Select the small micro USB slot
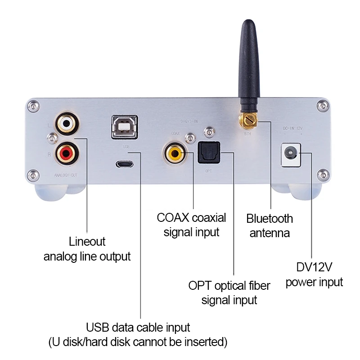pos(125,164)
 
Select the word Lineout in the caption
pos(87,242)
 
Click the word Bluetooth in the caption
pos(270,219)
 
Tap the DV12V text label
pos(314,268)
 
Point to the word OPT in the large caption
pos(199,286)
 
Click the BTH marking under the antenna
pos(247,133)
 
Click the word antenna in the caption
pos(270,233)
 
